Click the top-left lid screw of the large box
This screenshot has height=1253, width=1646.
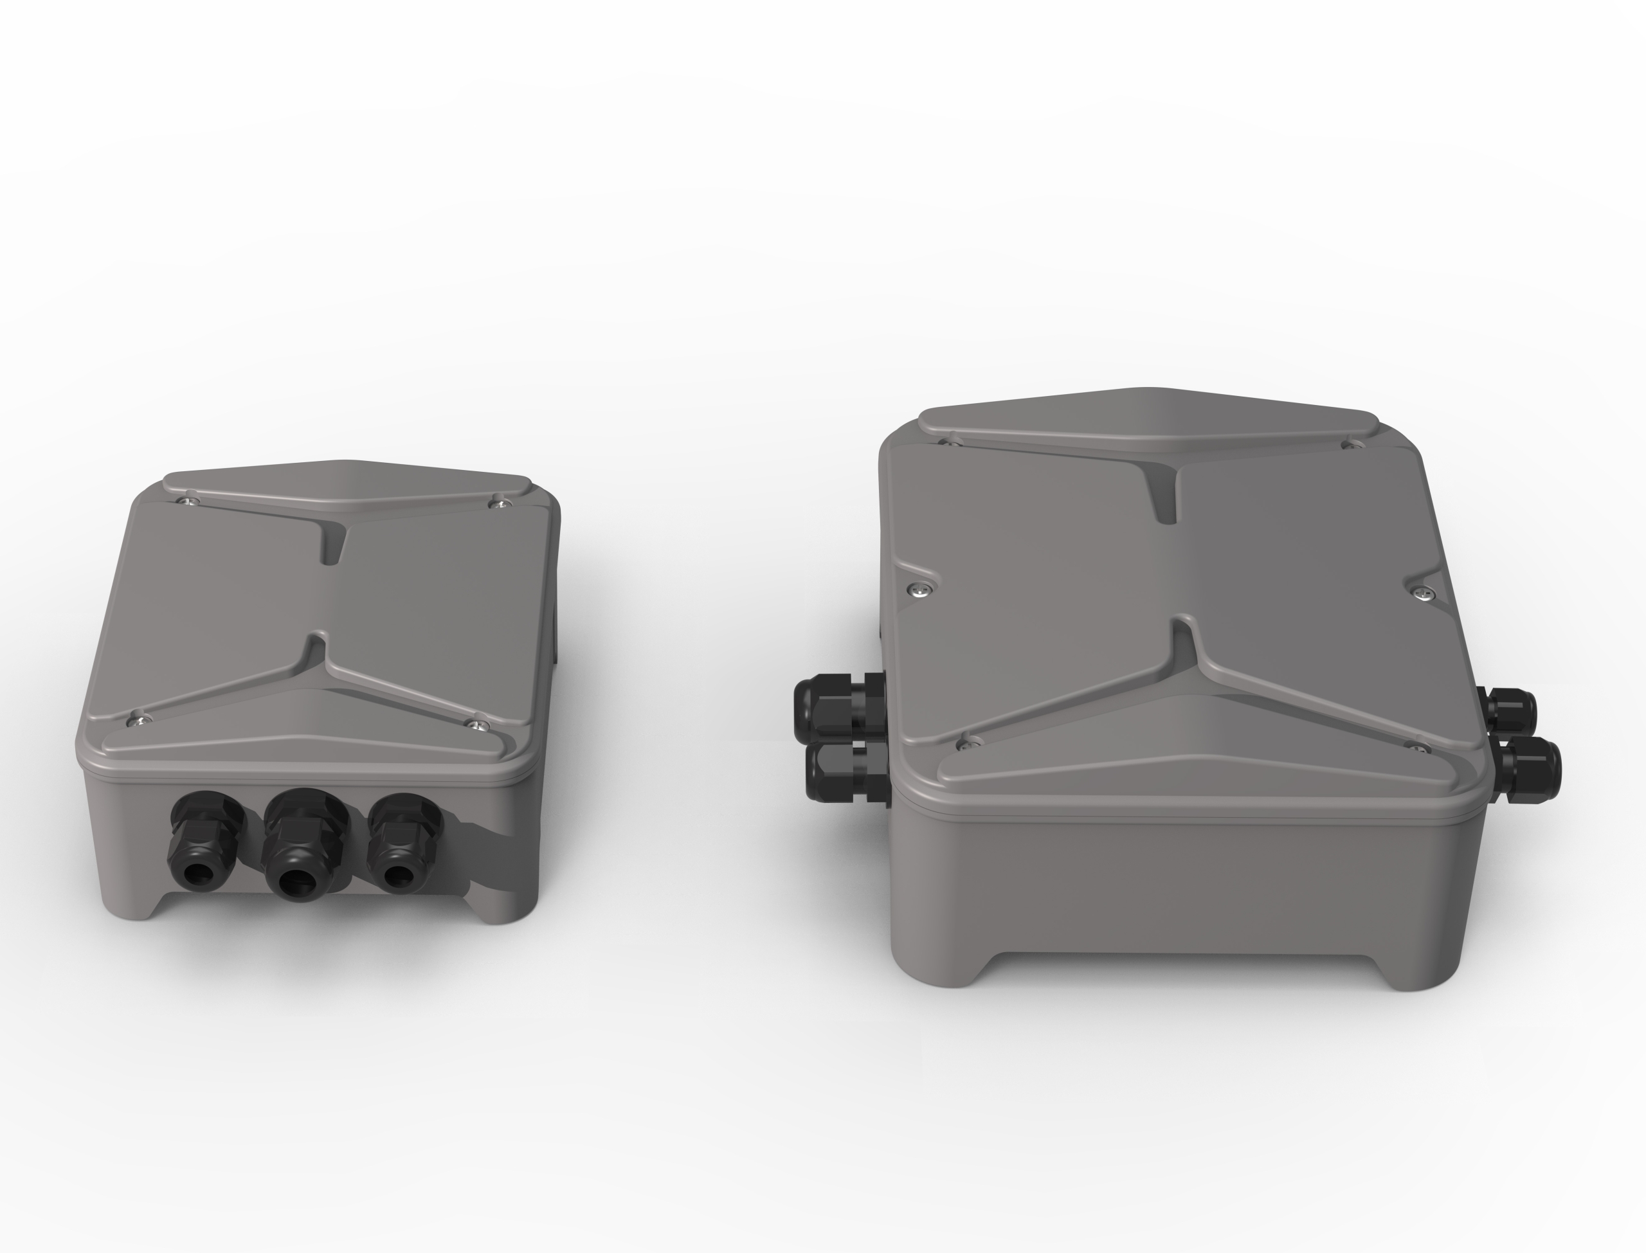(950, 444)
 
